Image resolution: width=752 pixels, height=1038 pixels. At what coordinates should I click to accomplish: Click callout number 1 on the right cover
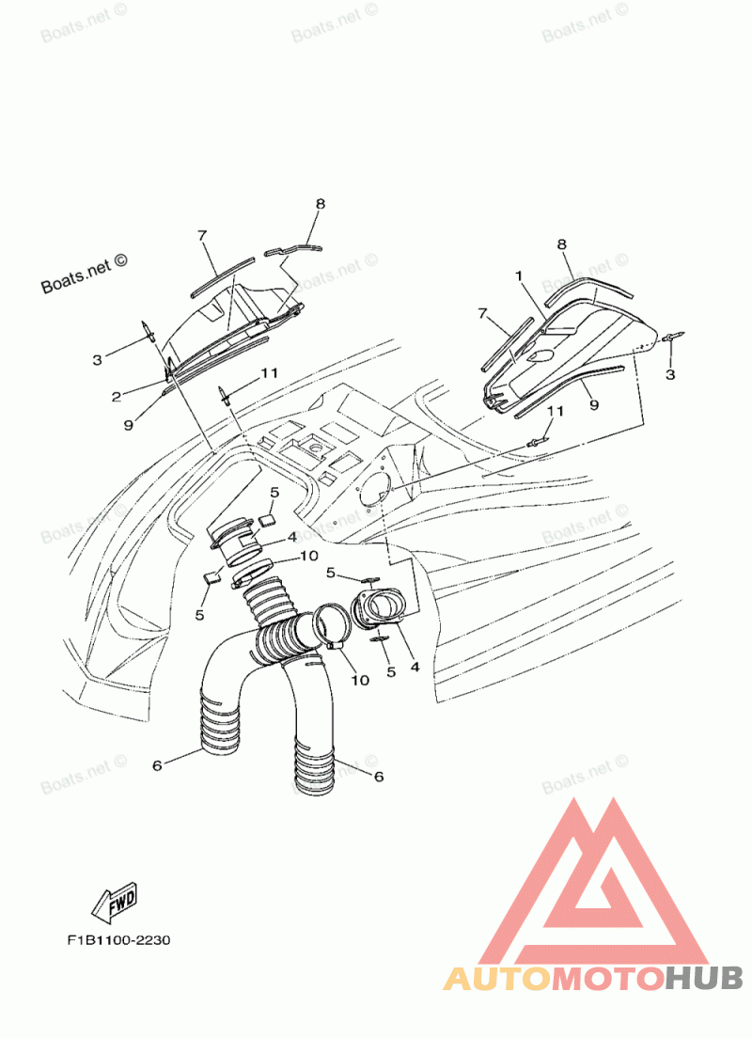[x=518, y=275]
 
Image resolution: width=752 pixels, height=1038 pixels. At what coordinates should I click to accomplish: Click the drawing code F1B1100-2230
[x=117, y=940]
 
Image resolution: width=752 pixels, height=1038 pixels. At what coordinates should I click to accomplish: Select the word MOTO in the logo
[x=606, y=978]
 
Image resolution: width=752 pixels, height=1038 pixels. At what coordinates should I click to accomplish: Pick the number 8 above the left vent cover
[x=320, y=204]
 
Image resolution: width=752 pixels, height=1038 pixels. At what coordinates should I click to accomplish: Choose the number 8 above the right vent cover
[x=562, y=245]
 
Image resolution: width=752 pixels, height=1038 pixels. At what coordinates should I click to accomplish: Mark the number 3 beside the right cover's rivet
[x=669, y=375]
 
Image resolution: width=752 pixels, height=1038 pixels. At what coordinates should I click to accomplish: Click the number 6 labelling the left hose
[x=157, y=765]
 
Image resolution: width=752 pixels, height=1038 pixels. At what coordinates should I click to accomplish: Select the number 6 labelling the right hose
[x=379, y=777]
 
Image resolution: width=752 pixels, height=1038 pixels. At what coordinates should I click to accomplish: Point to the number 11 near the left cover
[x=269, y=373]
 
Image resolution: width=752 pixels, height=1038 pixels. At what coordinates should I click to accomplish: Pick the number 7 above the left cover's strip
[x=201, y=236]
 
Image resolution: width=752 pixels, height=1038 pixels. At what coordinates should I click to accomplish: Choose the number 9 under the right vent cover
[x=594, y=405]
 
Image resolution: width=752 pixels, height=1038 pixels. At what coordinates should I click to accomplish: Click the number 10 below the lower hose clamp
[x=360, y=679]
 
